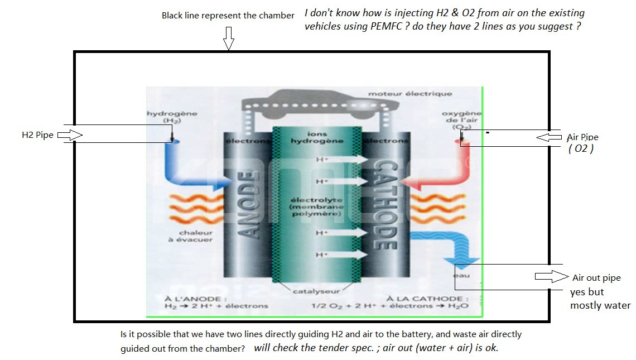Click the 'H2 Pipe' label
pyautogui.click(x=37, y=135)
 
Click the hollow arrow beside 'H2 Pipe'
pyautogui.click(x=70, y=135)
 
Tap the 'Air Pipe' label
pyautogui.click(x=582, y=137)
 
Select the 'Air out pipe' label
pyautogui.click(x=596, y=278)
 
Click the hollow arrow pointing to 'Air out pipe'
pyautogui.click(x=551, y=276)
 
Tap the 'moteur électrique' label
pyautogui.click(x=409, y=94)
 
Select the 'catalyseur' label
pyautogui.click(x=316, y=291)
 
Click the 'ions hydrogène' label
pyautogui.click(x=317, y=138)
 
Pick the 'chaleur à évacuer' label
pyautogui.click(x=195, y=236)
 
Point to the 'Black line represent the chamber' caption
pyautogui.click(x=228, y=16)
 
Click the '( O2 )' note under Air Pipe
pyautogui.click(x=581, y=149)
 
